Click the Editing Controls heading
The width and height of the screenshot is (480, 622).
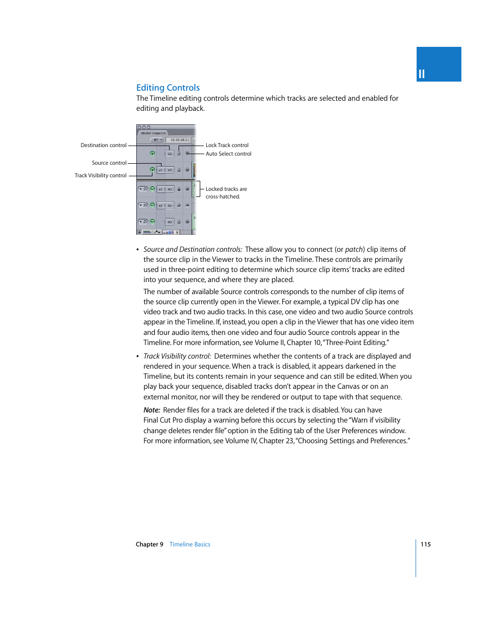click(168, 88)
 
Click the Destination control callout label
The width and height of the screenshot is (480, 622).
click(104, 145)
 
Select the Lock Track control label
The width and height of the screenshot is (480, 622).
click(227, 145)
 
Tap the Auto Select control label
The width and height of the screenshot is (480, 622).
click(228, 154)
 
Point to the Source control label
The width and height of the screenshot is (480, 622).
click(109, 163)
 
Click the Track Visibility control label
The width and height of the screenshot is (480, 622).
click(101, 175)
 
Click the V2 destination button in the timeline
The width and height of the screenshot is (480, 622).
click(170, 154)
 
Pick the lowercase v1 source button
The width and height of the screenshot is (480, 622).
click(161, 170)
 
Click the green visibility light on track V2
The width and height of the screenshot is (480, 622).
click(152, 153)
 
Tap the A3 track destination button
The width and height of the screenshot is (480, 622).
click(170, 222)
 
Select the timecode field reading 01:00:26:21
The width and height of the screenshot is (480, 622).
click(180, 140)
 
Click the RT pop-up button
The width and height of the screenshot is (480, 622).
click(157, 140)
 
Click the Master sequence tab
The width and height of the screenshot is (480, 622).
click(153, 133)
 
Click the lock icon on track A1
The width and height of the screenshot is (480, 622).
click(179, 189)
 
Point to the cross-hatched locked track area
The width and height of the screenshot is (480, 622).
click(194, 189)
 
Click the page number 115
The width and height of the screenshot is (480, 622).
click(426, 544)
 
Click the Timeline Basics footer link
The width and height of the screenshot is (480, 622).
click(190, 544)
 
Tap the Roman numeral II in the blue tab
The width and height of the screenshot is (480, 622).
click(422, 74)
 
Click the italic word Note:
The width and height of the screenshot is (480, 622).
click(151, 410)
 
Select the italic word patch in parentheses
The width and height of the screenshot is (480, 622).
click(354, 249)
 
